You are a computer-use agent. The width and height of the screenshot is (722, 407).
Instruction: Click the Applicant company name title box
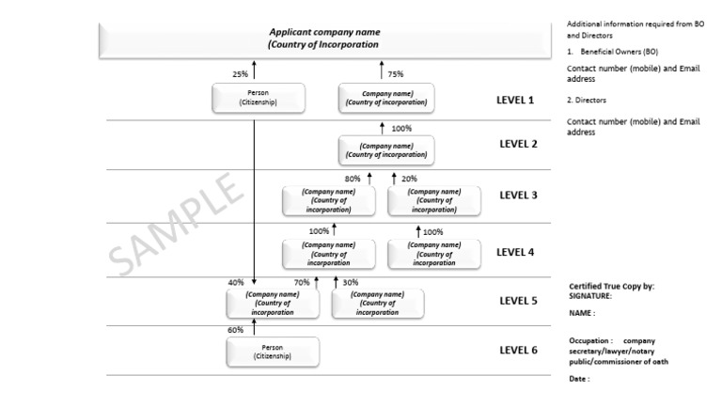[x=324, y=38]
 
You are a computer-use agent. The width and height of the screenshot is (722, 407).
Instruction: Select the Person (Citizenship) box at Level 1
[x=259, y=98]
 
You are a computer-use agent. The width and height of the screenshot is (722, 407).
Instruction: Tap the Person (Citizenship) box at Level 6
[x=273, y=352]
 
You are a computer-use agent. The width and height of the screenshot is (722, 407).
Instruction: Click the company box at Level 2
[x=386, y=150]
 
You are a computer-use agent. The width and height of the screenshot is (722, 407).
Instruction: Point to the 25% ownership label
[x=240, y=73]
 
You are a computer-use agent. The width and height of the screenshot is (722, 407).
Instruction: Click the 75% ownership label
[x=396, y=73]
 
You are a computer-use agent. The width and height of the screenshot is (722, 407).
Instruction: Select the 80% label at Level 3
[x=353, y=178]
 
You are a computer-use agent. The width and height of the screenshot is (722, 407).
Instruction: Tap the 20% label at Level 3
[x=410, y=178]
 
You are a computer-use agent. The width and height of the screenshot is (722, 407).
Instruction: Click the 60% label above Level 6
[x=235, y=330]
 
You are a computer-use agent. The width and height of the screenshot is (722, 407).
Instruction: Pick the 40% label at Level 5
[x=235, y=281]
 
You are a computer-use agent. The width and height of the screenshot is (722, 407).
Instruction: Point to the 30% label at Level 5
[x=350, y=281]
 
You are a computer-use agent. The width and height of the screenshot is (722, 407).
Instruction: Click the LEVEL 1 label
[x=516, y=99]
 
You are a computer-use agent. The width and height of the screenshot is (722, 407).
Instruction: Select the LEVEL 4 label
[x=516, y=252]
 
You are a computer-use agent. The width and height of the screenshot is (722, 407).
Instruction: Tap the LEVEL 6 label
[x=518, y=351]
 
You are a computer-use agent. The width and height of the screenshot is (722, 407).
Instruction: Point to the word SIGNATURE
[x=589, y=295]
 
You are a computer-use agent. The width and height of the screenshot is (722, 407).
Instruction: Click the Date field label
[x=579, y=379]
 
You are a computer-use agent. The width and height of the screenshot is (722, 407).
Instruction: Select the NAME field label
[x=581, y=313]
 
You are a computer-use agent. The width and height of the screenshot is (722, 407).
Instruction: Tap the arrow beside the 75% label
[x=382, y=70]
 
